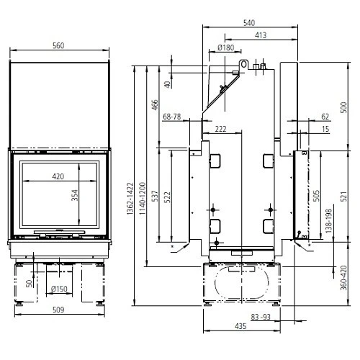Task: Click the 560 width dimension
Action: pos(58,45)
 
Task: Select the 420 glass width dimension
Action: pos(58,176)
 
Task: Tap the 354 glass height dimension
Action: pos(75,195)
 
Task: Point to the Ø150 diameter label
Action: pos(59,289)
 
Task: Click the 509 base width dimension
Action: pos(58,310)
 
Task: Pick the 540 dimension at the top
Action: pos(249,23)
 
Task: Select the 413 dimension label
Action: pos(261,35)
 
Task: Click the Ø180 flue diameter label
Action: pos(225,48)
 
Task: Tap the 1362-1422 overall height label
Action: pos(130,199)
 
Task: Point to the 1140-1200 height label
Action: pos(143,199)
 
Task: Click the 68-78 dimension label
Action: pos(172,117)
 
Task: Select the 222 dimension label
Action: pos(220,129)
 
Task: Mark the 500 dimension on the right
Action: pos(344,107)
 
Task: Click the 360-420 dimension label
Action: pos(343,278)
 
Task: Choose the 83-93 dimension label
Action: pos(261,317)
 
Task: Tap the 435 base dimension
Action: pos(240,326)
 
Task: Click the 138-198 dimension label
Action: pos(328,221)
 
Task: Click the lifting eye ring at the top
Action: pos(243,64)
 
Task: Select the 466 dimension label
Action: pos(155,105)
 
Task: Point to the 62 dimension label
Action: pos(325,117)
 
